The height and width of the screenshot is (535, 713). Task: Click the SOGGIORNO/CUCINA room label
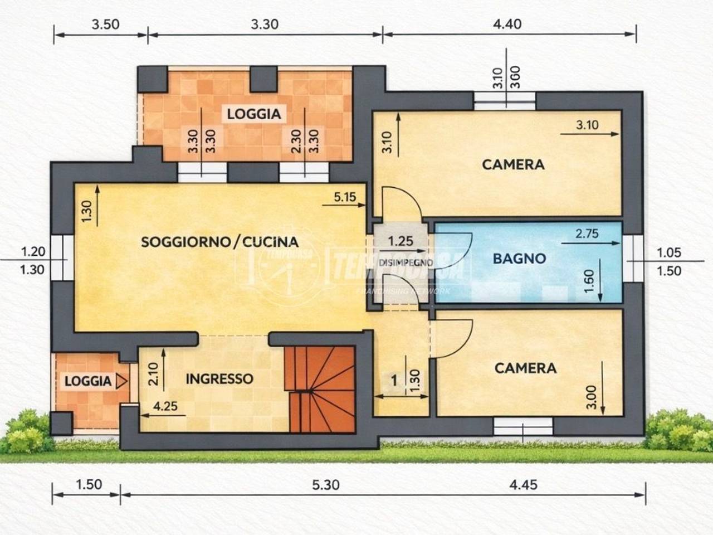click(x=219, y=242)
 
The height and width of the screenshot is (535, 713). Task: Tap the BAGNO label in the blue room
click(x=519, y=259)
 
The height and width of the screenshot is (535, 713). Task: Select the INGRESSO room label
click(x=219, y=379)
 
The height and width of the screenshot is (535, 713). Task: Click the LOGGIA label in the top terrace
click(x=253, y=114)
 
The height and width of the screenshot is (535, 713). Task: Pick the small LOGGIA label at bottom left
click(x=88, y=381)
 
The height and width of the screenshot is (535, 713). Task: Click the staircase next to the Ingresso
click(x=322, y=389)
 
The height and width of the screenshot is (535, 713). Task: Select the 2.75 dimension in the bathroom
click(x=587, y=234)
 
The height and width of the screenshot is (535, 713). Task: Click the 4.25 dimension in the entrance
click(x=165, y=406)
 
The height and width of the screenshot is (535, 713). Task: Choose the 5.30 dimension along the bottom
click(x=325, y=485)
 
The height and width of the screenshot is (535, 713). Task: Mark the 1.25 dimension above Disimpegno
click(x=401, y=241)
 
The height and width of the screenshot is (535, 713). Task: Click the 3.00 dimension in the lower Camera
click(x=592, y=397)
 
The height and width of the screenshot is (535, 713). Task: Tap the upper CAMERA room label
click(x=513, y=164)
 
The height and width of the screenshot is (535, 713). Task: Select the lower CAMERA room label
click(x=525, y=368)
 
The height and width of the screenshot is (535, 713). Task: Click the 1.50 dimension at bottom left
click(x=88, y=484)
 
